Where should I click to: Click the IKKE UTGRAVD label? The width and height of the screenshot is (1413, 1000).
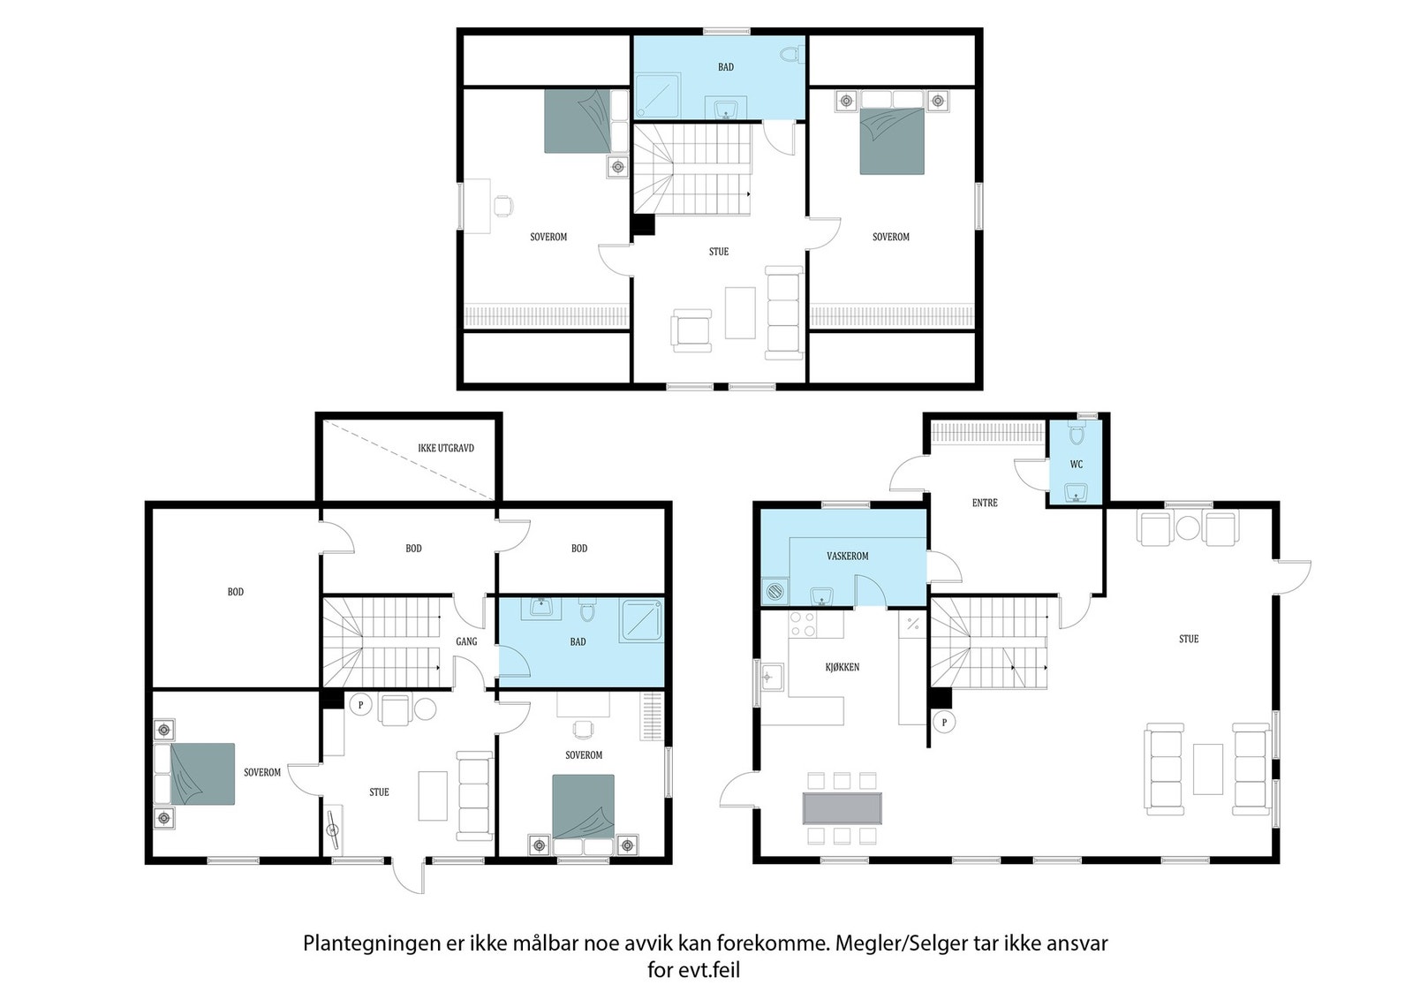(x=446, y=449)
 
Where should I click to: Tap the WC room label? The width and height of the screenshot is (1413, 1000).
(x=1076, y=465)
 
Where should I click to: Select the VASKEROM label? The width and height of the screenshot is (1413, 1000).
(x=847, y=557)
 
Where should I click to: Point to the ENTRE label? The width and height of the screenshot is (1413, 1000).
(x=985, y=503)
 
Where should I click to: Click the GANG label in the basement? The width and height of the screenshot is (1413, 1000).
(x=466, y=641)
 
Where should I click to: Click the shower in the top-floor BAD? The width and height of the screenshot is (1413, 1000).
(x=658, y=95)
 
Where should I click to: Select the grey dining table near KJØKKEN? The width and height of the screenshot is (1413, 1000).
(x=842, y=807)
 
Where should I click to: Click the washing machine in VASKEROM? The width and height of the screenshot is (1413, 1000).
(x=775, y=591)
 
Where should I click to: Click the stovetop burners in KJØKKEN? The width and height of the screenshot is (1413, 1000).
(x=803, y=624)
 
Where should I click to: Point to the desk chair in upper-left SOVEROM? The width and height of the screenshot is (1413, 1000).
(x=502, y=206)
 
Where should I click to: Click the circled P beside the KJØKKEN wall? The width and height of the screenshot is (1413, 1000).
(x=944, y=722)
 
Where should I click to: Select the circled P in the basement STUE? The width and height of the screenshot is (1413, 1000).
(x=359, y=704)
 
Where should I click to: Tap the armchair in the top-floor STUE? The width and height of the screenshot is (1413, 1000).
(x=691, y=330)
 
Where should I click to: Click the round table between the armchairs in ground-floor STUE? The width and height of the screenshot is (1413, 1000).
(x=1188, y=529)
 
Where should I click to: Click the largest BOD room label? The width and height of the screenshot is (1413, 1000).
(x=235, y=592)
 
